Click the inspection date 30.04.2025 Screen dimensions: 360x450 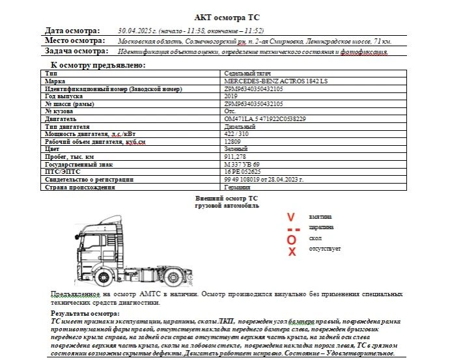point(135,31)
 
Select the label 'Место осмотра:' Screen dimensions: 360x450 point(75,40)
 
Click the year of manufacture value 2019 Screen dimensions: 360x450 point(231,96)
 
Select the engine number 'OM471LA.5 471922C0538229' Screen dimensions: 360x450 point(265,119)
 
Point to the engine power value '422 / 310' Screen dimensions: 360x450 point(236,134)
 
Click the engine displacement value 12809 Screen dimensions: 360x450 point(233,141)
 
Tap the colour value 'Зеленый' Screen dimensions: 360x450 point(234,149)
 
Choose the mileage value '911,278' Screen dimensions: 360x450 point(234,157)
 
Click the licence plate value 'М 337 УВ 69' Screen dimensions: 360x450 point(242,164)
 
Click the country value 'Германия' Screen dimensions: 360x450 point(236,187)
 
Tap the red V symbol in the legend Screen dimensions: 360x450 point(291,217)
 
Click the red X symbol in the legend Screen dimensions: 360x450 point(292,252)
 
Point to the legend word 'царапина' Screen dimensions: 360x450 point(322,227)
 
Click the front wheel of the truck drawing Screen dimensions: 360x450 point(103,278)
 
